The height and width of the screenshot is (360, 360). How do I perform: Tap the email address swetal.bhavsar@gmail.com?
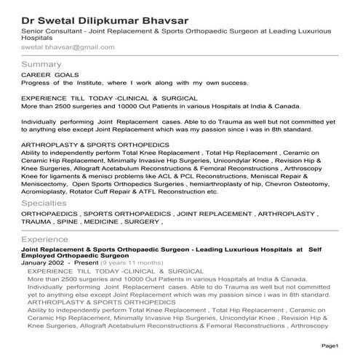pyautogui.click(x=68, y=47)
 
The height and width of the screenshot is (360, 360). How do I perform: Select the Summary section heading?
pyautogui.click(x=42, y=65)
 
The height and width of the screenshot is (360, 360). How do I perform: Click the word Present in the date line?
pyautogui.click(x=87, y=262)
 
